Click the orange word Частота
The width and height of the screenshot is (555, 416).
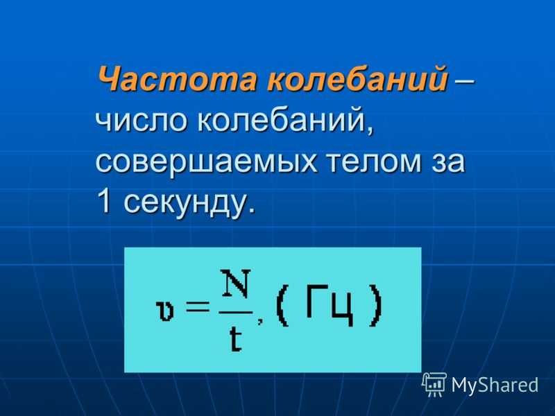click(x=177, y=78)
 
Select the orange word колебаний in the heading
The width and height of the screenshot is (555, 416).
click(x=357, y=78)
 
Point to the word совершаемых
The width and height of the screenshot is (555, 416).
click(x=205, y=162)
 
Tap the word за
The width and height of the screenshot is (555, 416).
click(x=448, y=162)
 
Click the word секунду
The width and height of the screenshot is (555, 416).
click(x=189, y=202)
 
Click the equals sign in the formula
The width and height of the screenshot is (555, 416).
click(x=198, y=306)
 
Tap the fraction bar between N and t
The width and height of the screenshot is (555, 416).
click(x=235, y=313)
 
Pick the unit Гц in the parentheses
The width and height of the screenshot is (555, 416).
click(x=329, y=306)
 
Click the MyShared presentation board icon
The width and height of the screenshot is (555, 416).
click(x=434, y=385)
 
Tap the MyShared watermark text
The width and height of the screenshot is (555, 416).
click(x=495, y=385)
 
